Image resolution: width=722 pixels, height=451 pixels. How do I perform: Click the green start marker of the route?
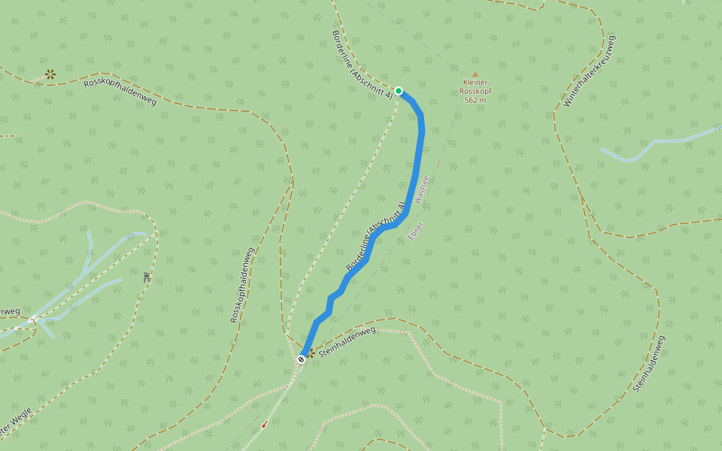pos(399,91)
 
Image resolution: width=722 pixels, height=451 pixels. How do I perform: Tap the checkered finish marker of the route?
pos(301,359)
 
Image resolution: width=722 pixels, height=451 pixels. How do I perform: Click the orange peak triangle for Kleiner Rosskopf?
pos(475,74)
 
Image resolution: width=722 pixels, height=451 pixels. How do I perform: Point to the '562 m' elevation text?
pos(475,100)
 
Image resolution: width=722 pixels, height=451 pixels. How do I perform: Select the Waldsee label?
pos(421,189)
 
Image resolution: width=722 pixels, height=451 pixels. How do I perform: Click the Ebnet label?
pos(416,231)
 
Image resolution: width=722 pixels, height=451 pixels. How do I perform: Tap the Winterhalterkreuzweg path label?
pos(590,71)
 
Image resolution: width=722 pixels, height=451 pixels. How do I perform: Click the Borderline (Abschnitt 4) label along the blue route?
pos(375,236)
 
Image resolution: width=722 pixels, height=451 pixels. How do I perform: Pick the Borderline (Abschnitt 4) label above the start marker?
pos(362,64)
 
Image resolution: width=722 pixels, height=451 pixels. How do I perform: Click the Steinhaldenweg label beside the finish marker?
pos(347,341)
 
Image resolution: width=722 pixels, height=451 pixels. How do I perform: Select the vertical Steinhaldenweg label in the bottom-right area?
pos(650,365)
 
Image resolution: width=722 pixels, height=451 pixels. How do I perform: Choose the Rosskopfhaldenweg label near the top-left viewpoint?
pos(120,90)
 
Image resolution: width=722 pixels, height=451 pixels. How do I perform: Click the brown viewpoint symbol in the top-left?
pos(50,74)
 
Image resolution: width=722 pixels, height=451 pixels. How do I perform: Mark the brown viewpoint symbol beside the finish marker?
pos(311,352)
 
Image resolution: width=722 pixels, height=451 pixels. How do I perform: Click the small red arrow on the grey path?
pos(265,425)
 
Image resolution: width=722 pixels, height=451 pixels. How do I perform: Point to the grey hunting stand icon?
pos(146,277)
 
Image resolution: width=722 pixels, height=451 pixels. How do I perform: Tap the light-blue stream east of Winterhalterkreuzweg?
pos(662,141)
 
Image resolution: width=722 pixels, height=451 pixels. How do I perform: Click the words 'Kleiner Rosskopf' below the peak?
pos(475,87)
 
